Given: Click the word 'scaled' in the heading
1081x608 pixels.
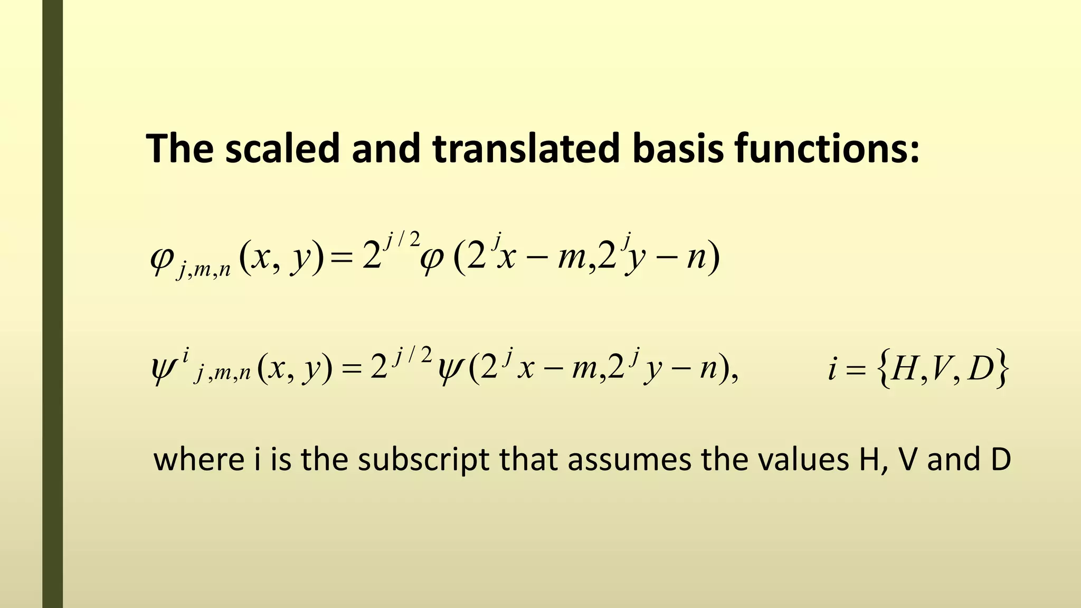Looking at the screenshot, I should pyautogui.click(x=282, y=148).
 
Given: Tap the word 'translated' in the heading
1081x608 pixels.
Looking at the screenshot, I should pyautogui.click(x=525, y=148).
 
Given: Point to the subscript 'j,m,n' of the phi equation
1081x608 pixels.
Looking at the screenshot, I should pyautogui.click(x=204, y=271).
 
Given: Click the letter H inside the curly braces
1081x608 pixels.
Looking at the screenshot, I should pyautogui.click(x=904, y=368).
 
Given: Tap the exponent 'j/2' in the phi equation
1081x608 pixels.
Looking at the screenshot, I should pyautogui.click(x=403, y=240).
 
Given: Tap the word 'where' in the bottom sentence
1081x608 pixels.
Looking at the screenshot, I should pyautogui.click(x=199, y=459).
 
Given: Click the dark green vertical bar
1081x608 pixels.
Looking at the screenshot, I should pyautogui.click(x=52, y=304).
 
